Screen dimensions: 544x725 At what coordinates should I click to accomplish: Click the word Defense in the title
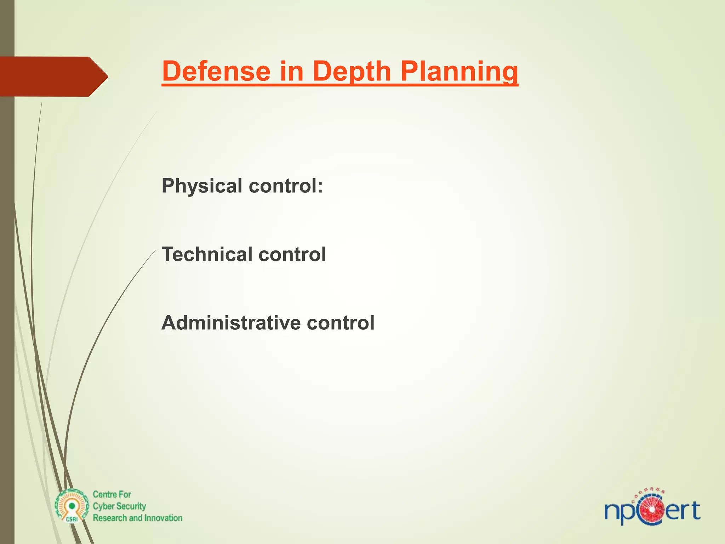pos(216,71)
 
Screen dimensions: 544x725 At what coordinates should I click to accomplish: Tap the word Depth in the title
pos(352,71)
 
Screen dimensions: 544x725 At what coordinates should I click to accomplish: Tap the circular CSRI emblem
pos(72,506)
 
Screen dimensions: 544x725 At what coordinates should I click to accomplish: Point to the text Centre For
pos(112,494)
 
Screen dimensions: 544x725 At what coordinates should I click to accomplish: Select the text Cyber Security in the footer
pos(119,506)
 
